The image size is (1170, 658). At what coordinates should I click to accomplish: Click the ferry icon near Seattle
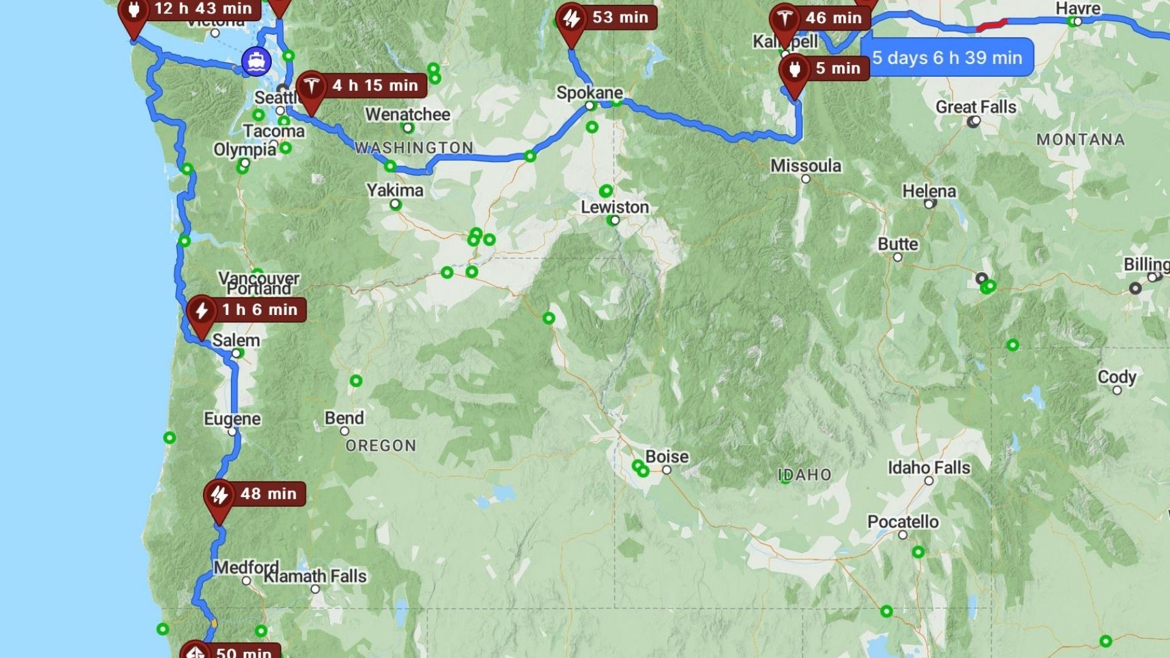[257, 62]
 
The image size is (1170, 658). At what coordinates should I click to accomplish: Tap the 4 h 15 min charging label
[375, 85]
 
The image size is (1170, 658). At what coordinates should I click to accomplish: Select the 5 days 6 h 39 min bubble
[947, 58]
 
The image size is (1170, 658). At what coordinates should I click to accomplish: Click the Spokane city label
[589, 93]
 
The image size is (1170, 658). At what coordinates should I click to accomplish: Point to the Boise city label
[667, 456]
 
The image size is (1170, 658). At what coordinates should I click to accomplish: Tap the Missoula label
[806, 166]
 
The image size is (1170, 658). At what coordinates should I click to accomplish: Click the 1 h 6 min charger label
[259, 310]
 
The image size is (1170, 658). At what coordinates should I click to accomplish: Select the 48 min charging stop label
[268, 493]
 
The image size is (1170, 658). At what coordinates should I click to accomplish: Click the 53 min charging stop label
[620, 17]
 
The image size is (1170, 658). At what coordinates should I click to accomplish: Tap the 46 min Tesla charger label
[833, 18]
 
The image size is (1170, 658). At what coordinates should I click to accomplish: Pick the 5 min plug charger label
[837, 68]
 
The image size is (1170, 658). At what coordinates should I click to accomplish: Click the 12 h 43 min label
[202, 9]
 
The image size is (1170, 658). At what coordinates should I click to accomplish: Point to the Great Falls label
[976, 107]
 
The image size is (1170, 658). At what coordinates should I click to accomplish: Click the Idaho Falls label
[929, 468]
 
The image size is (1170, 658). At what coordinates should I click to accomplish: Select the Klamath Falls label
[315, 576]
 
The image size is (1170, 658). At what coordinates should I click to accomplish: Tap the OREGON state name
[381, 446]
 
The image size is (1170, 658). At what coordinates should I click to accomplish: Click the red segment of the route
[991, 26]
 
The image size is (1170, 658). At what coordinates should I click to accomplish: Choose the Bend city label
[344, 418]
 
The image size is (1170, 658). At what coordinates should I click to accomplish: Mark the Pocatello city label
[902, 522]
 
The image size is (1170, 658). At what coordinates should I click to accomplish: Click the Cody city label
[1116, 377]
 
